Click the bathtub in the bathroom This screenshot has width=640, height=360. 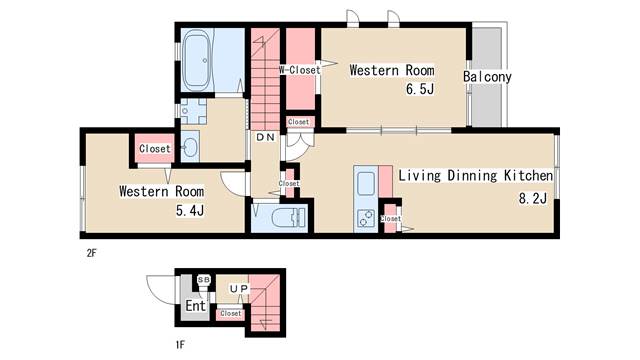(196, 60)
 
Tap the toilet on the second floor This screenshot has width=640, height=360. (289, 218)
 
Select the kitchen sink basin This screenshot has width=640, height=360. (366, 184)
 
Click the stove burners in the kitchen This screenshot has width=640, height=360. (366, 218)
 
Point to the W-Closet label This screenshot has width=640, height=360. (300, 70)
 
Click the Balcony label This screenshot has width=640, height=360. (487, 77)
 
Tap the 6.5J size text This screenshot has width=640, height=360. (420, 89)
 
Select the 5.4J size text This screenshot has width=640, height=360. (190, 211)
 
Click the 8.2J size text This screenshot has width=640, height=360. (533, 199)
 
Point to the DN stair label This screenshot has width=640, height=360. (266, 138)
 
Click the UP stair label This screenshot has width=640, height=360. (239, 289)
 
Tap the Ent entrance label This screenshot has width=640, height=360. (196, 305)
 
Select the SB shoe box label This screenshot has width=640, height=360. (204, 280)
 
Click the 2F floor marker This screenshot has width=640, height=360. (91, 253)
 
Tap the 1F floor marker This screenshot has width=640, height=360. (180, 345)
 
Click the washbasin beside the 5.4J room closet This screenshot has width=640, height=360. (190, 147)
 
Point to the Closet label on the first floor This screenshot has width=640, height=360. (231, 313)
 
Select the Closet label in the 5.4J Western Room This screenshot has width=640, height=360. (155, 149)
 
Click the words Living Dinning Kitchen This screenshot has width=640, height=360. (476, 176)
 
